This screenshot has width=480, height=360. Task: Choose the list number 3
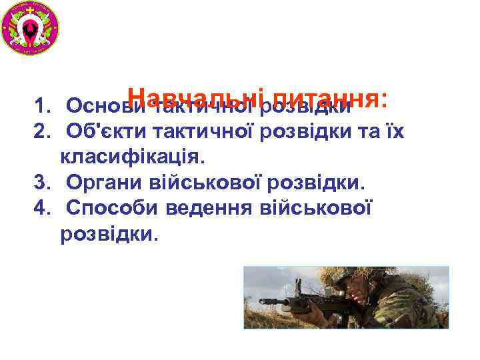tap(42, 183)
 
